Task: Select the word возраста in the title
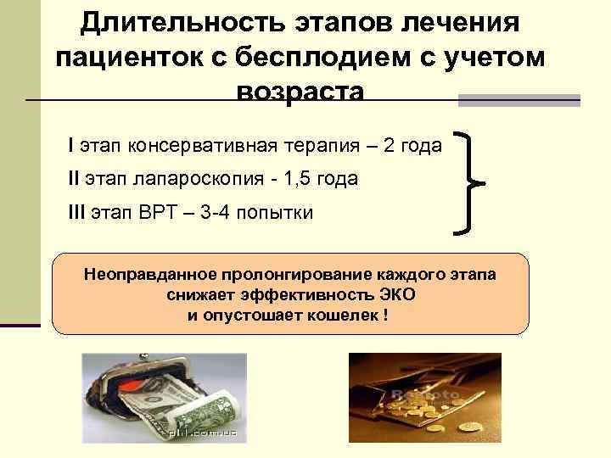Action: (301, 92)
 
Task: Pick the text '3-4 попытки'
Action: (258, 212)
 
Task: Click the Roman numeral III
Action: (76, 212)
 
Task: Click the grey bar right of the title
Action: (519, 100)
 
